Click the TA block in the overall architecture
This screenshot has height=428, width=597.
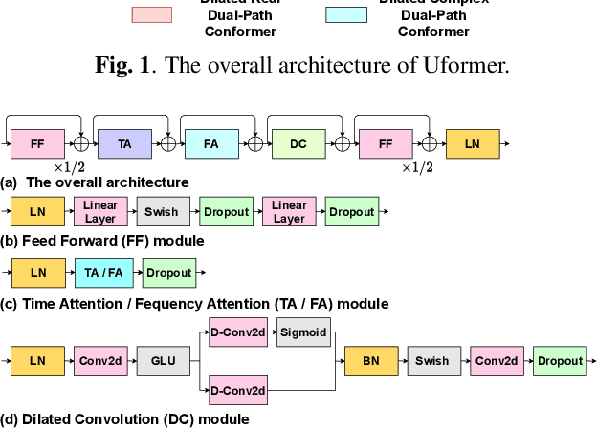pyautogui.click(x=124, y=143)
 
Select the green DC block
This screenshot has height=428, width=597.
pyautogui.click(x=298, y=143)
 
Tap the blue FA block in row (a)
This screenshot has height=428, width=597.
pyautogui.click(x=211, y=143)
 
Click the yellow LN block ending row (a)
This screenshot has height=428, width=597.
pyautogui.click(x=473, y=143)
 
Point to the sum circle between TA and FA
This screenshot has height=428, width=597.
pyautogui.click(x=168, y=143)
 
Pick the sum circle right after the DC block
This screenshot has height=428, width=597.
pyautogui.click(x=342, y=143)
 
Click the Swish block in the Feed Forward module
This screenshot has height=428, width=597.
pyautogui.click(x=163, y=211)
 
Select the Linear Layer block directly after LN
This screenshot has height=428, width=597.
pyautogui.click(x=100, y=211)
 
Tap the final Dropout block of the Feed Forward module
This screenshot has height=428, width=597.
pyautogui.click(x=352, y=211)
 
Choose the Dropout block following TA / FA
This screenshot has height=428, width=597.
pyautogui.click(x=168, y=272)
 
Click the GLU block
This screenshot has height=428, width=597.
pyautogui.click(x=163, y=361)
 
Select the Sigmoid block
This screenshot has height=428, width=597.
pyautogui.click(x=302, y=334)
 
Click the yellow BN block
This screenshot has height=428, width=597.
pyautogui.click(x=370, y=361)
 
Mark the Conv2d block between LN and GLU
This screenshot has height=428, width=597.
pyautogui.click(x=100, y=361)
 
